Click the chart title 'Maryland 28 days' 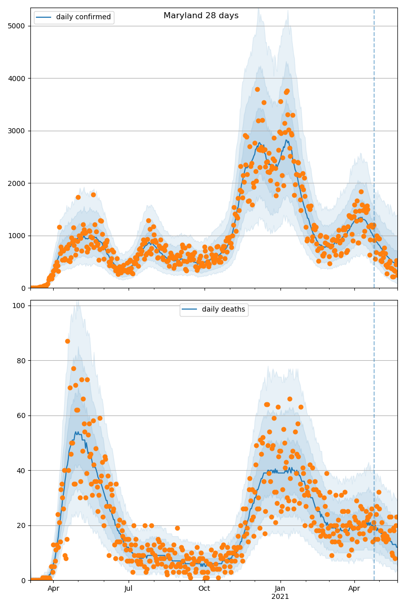pos(201,16)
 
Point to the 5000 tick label pos(17,26)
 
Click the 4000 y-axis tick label pos(17,78)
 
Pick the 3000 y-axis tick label pos(17,131)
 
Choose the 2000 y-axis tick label pos(17,183)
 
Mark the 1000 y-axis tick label pos(17,236)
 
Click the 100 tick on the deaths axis pos(20,306)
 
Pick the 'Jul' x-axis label pos(129,589)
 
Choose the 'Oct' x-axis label pos(204,589)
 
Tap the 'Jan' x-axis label pos(280,589)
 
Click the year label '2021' pos(280,596)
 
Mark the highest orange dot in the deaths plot pos(67,341)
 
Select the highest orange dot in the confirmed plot pos(257,89)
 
